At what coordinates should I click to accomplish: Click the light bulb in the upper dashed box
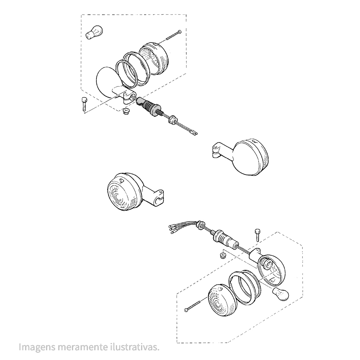click(94, 33)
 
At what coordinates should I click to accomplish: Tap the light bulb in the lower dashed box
click(280, 294)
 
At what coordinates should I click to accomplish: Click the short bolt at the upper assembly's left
click(84, 104)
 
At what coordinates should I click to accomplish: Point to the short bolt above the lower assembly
click(257, 235)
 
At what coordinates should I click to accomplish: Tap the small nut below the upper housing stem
click(125, 112)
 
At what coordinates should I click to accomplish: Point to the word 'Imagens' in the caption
click(37, 347)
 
